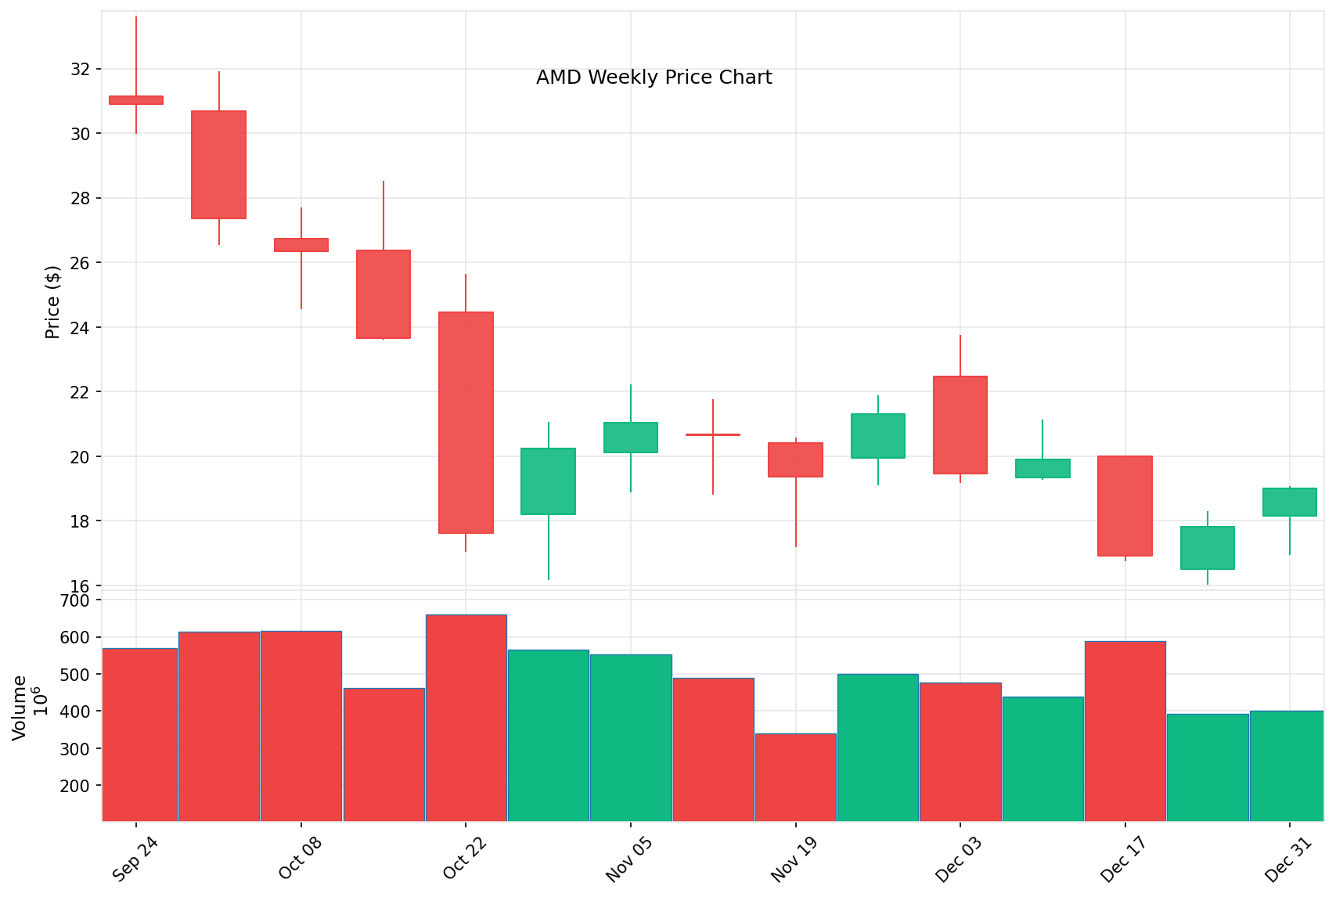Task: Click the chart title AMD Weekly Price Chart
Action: (654, 77)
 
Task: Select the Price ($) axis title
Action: (52, 302)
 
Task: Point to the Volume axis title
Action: (20, 707)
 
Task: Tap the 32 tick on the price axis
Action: (80, 69)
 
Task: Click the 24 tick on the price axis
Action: (80, 327)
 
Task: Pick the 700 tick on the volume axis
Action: (75, 600)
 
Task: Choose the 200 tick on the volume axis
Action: (75, 786)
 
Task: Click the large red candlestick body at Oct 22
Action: (466, 423)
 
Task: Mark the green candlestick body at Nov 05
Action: (631, 438)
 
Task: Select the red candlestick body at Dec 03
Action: (960, 425)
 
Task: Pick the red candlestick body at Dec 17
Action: (1125, 506)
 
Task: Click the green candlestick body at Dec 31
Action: (1290, 502)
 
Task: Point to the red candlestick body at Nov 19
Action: (795, 459)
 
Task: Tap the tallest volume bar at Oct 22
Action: (466, 718)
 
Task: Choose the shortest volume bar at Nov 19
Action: (795, 777)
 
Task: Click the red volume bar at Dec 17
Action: (1125, 731)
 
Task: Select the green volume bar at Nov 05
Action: (631, 737)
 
